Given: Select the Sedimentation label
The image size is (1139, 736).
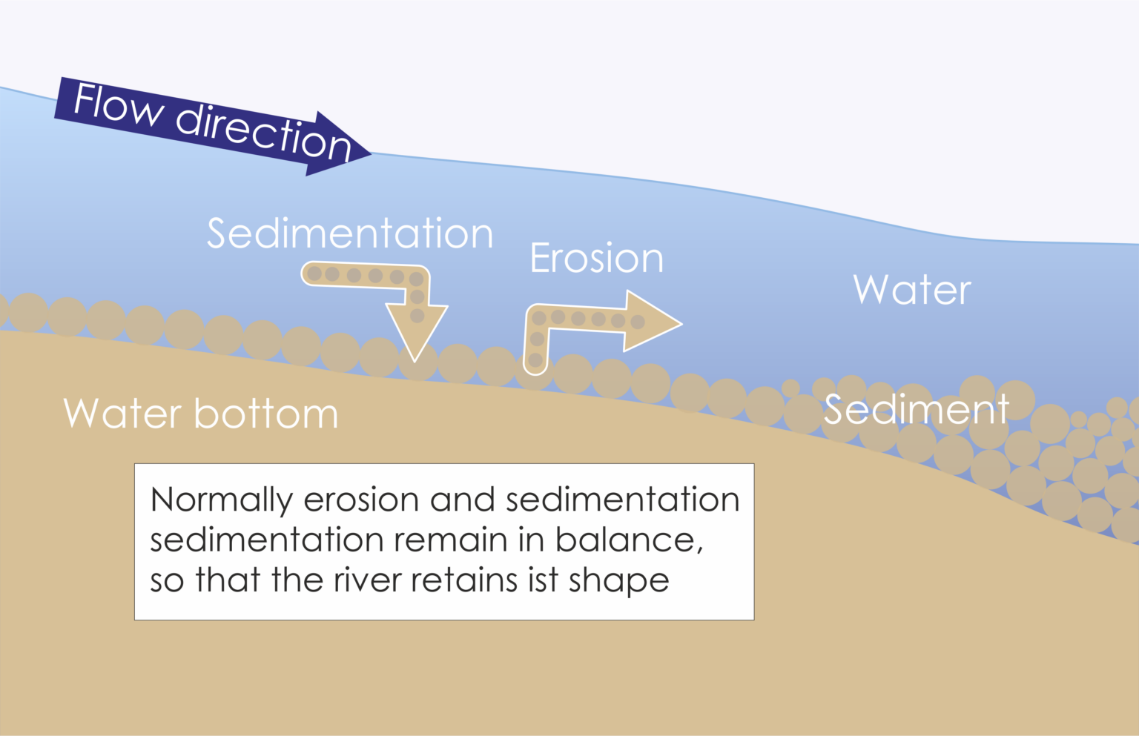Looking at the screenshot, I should [349, 234].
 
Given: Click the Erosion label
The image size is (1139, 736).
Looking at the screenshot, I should [596, 259].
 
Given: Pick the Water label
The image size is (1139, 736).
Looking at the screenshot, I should [911, 290].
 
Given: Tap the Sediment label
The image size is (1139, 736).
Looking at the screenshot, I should [916, 410].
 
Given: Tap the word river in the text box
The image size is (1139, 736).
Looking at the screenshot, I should [367, 580].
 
